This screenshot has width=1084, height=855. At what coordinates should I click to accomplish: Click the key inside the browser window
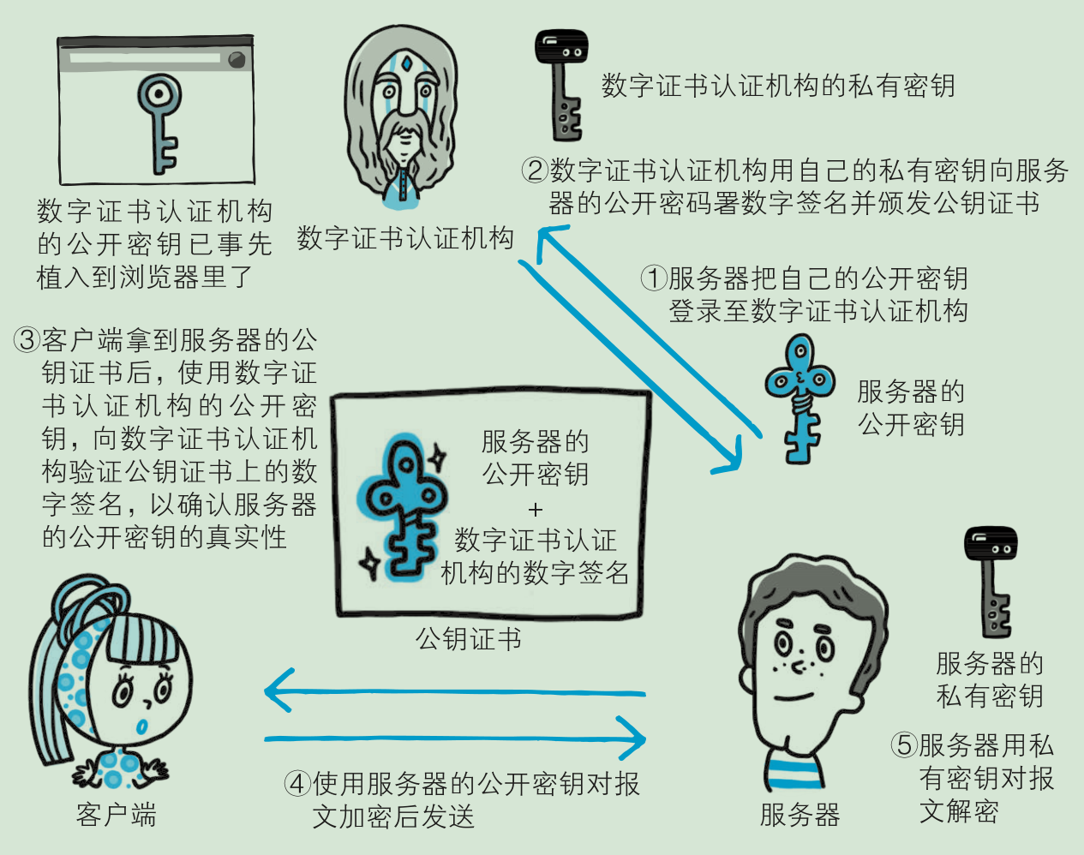click(160, 123)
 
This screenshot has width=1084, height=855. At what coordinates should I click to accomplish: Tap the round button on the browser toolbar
click(237, 59)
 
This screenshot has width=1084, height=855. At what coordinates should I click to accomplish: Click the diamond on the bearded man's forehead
click(406, 64)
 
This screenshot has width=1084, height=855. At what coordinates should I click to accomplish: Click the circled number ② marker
click(535, 170)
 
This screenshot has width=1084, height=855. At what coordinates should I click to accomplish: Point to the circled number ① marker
click(654, 278)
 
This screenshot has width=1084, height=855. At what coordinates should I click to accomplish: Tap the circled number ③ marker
click(27, 340)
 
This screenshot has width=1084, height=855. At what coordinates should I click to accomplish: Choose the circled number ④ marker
click(296, 784)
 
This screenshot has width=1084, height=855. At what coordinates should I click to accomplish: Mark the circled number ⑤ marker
click(904, 745)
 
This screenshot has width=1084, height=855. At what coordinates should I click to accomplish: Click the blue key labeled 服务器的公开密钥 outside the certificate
click(800, 398)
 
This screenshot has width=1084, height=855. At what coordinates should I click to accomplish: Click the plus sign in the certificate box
click(536, 510)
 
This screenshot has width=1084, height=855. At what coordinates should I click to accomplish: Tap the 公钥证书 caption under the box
click(468, 639)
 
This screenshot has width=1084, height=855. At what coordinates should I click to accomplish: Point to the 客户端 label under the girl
click(116, 814)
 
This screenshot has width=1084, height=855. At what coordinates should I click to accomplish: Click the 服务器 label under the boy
click(800, 814)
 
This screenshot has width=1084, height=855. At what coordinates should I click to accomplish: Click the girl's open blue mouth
click(142, 726)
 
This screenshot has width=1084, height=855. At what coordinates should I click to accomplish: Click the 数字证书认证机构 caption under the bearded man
click(405, 237)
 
